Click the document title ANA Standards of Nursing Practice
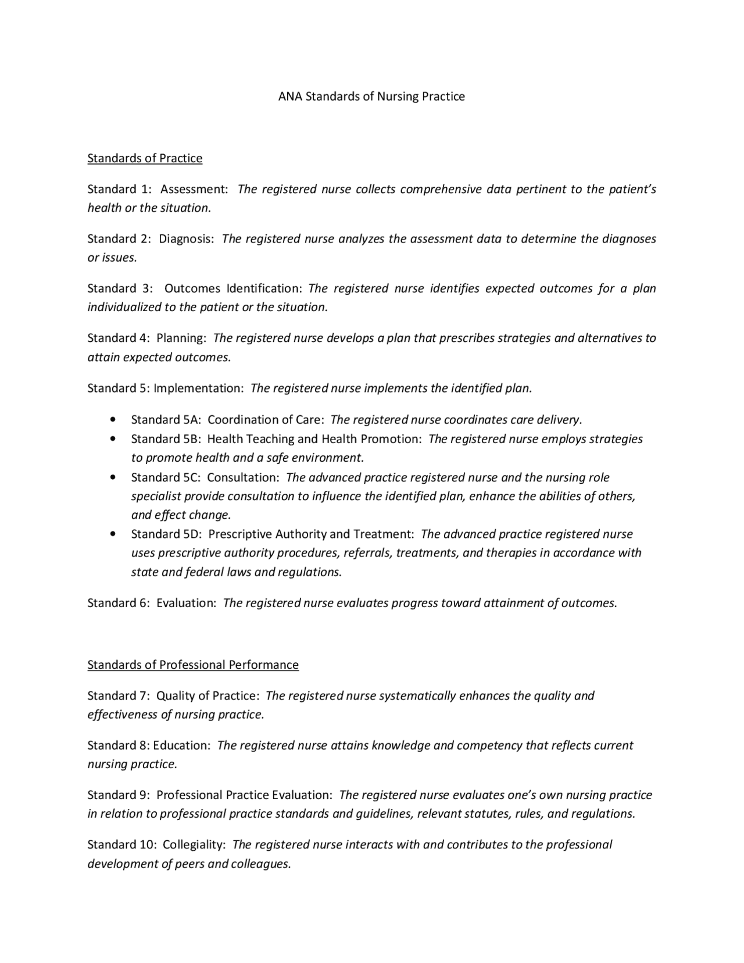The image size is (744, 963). (x=371, y=97)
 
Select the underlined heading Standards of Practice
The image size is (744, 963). (x=145, y=158)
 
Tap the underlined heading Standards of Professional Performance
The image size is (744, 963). (x=193, y=665)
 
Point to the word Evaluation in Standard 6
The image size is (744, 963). (x=186, y=603)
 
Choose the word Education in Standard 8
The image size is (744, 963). (x=181, y=746)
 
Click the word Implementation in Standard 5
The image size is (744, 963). (x=198, y=388)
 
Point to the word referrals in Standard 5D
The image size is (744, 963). (x=369, y=553)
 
